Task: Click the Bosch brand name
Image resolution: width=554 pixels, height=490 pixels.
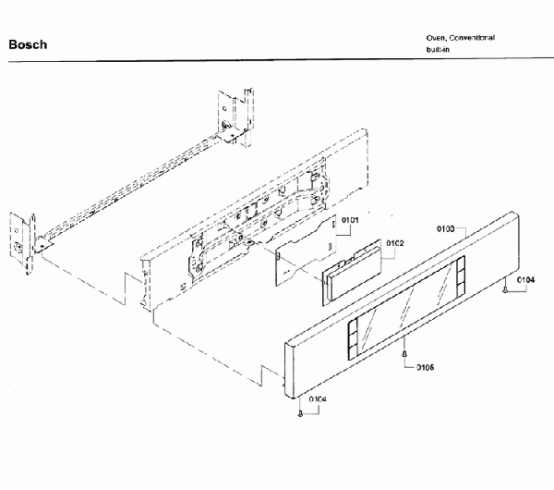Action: pyautogui.click(x=28, y=44)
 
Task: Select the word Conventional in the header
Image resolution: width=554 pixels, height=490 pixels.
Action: pyautogui.click(x=472, y=38)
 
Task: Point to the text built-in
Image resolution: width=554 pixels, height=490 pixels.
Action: pyautogui.click(x=438, y=49)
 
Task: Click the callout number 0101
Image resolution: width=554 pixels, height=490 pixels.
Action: pyautogui.click(x=350, y=220)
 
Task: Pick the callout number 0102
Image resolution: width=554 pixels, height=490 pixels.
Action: pyautogui.click(x=395, y=243)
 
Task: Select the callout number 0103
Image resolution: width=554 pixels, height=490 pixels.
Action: pyautogui.click(x=446, y=229)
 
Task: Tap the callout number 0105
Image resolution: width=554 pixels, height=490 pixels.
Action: pyautogui.click(x=425, y=367)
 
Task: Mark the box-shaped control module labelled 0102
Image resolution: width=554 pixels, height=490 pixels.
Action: pyautogui.click(x=352, y=273)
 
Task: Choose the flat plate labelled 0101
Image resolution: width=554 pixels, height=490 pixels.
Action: pyautogui.click(x=306, y=250)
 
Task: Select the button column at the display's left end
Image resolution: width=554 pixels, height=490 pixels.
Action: pyautogui.click(x=353, y=339)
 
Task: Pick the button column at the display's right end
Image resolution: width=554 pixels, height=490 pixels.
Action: pyautogui.click(x=461, y=276)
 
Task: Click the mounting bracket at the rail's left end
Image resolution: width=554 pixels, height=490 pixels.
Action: pyautogui.click(x=22, y=243)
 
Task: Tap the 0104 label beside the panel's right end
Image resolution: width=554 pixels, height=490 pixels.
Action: pyautogui.click(x=526, y=280)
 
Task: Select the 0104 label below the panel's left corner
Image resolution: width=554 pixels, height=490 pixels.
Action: pyautogui.click(x=318, y=399)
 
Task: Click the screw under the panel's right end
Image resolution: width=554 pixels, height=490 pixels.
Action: pyautogui.click(x=505, y=288)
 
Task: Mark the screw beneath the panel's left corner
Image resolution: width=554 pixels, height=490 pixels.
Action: pyautogui.click(x=300, y=413)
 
